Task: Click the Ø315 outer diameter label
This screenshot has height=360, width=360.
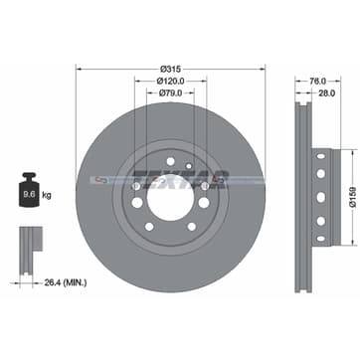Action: click(170, 68)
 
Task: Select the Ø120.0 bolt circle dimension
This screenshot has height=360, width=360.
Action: click(170, 80)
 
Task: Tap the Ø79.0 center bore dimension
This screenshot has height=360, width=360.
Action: click(170, 92)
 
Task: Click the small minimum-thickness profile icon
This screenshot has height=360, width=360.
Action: click(30, 245)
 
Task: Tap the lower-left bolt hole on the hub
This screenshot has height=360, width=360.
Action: click(149, 227)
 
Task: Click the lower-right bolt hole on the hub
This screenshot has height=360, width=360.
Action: click(191, 227)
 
